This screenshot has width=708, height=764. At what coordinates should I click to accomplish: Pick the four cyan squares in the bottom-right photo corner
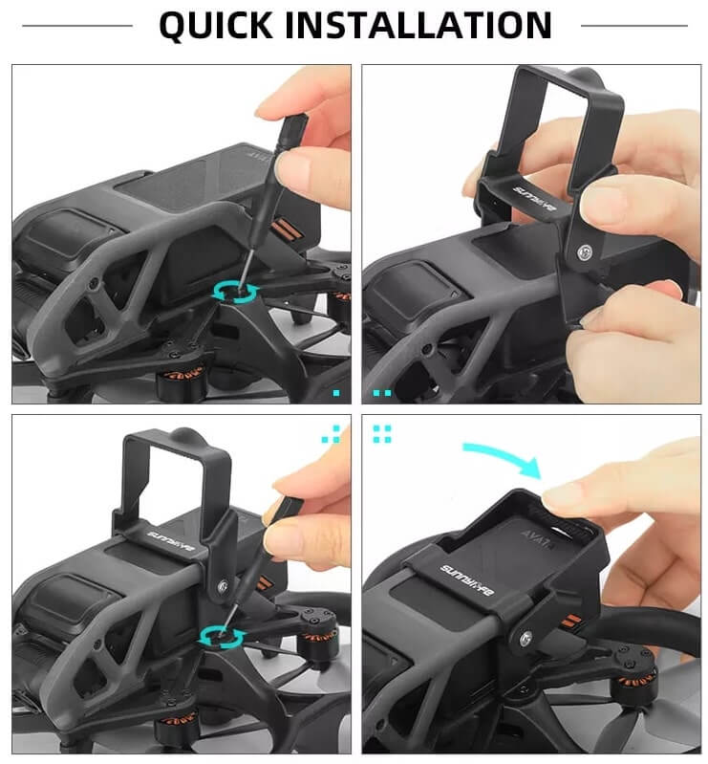coord(382,433)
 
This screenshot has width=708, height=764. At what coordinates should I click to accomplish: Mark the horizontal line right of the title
coord(633,26)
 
